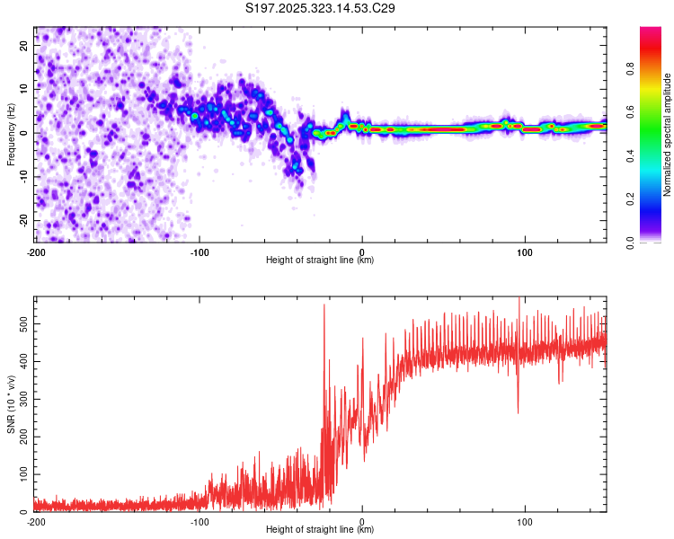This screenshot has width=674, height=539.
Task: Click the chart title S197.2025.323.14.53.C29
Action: [x=321, y=8]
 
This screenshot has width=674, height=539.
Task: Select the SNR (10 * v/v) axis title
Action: [x=11, y=404]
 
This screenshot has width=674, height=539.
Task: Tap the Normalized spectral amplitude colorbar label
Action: [x=667, y=135]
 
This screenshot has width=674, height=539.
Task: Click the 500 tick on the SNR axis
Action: [x=20, y=321]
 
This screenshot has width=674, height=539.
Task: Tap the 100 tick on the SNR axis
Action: [x=20, y=473]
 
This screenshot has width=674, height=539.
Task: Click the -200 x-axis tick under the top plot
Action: [x=35, y=251]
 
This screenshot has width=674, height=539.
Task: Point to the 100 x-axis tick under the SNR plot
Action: [x=526, y=521]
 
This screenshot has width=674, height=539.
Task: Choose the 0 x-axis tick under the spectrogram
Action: [x=362, y=251]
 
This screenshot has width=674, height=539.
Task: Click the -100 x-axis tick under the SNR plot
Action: [x=199, y=521]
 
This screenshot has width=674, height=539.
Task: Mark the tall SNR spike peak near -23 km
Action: [x=324, y=305]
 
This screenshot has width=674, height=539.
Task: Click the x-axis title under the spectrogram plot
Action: [x=321, y=261]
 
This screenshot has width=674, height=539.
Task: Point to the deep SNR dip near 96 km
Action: [x=518, y=412]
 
